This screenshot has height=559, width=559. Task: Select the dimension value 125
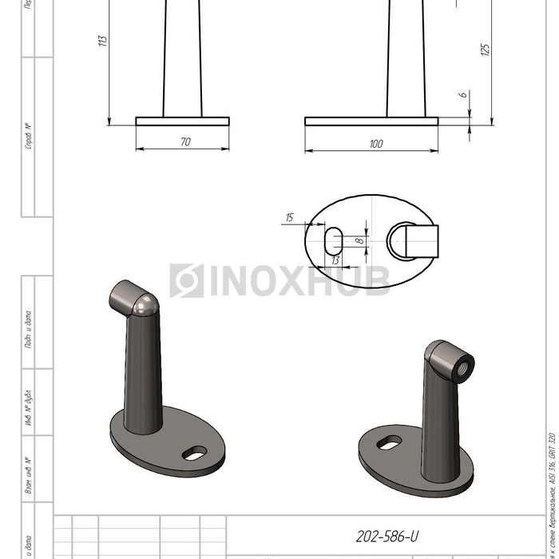[x=485, y=50]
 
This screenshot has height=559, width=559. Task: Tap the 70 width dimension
[x=185, y=142]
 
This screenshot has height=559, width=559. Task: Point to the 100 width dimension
[x=375, y=144]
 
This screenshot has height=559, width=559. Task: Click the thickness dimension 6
[x=463, y=95]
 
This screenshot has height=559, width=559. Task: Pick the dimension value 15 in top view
[x=289, y=217]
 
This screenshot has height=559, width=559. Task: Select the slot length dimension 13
[x=335, y=260]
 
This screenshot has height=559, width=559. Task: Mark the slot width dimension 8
[x=359, y=239]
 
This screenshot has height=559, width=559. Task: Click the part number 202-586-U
[x=386, y=537]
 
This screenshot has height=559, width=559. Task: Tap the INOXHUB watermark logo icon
[x=186, y=281]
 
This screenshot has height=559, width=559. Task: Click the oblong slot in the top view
[x=334, y=239]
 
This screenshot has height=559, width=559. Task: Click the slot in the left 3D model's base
[x=195, y=454]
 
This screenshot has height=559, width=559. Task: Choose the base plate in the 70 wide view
[x=182, y=121]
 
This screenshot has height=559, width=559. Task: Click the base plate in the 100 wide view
[x=371, y=121]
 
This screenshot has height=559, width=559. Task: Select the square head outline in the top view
[x=419, y=240]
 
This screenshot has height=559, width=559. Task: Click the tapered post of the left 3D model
[x=144, y=375]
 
